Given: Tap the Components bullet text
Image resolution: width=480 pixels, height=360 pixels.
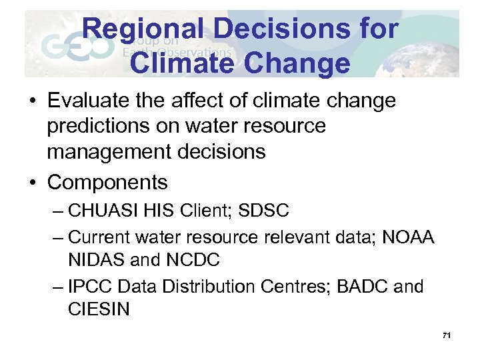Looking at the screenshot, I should (x=107, y=181).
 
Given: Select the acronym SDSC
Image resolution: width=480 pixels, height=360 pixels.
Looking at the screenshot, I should (x=264, y=211).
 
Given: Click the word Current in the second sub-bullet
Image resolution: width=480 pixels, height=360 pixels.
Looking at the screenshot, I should (x=100, y=237).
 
